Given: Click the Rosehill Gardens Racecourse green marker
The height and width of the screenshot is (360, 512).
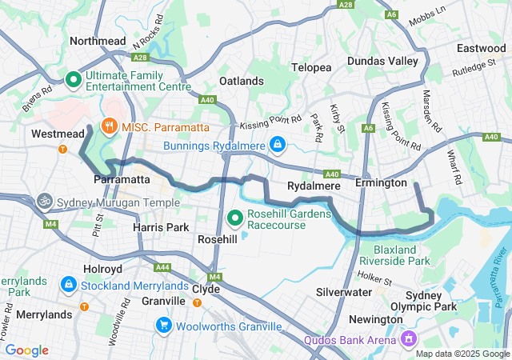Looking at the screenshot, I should (235, 217).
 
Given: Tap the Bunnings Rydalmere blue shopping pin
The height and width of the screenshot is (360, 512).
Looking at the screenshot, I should (277, 145).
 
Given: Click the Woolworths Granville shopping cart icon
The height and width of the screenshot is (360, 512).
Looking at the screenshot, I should (164, 326).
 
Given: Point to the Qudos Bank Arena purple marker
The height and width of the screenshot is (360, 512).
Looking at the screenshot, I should (409, 340).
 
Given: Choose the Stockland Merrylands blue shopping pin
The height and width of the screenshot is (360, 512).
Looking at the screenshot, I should (69, 285).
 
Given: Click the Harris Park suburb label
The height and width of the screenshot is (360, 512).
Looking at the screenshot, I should (160, 228).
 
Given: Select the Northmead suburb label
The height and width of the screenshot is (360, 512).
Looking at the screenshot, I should (98, 41).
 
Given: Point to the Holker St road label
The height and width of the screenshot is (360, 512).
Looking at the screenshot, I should (375, 280).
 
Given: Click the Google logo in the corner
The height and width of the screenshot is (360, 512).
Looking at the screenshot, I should (26, 350).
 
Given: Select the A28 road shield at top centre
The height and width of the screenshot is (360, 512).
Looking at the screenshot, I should (346, 5).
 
